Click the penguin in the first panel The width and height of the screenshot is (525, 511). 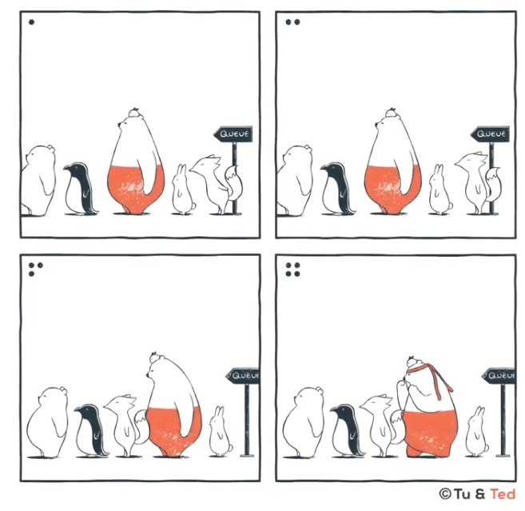(x=81, y=190)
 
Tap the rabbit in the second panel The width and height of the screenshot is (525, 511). (x=440, y=190)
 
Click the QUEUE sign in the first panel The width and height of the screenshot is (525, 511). (x=233, y=134)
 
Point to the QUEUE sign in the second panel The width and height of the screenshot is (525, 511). (x=490, y=134)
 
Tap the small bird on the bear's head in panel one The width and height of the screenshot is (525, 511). (x=134, y=112)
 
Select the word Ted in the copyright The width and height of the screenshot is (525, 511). (x=503, y=494)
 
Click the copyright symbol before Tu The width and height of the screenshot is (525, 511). (x=444, y=494)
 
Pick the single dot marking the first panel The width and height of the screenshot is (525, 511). (x=31, y=22)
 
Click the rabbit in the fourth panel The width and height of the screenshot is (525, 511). (x=477, y=433)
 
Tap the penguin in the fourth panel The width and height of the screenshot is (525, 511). (x=347, y=430)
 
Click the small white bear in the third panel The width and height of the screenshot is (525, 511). (x=47, y=422)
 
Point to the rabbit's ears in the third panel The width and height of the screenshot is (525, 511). (x=219, y=412)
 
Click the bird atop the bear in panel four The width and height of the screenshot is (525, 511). (x=413, y=361)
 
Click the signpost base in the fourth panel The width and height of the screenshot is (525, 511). (x=503, y=455)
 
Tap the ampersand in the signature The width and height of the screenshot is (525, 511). (x=479, y=494)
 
